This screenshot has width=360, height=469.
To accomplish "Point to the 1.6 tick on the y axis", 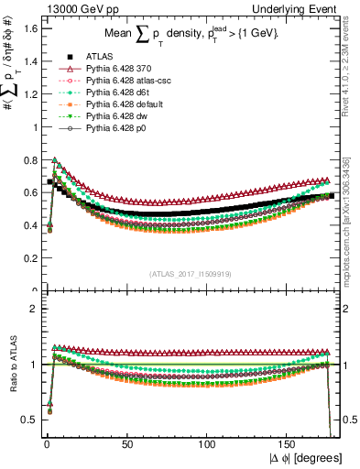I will pyautogui.click(x=30, y=28).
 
